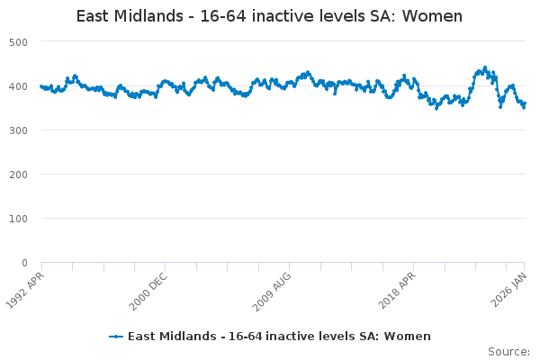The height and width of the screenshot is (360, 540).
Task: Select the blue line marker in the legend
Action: coord(116,337)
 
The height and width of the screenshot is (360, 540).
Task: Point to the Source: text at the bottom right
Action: coord(508,351)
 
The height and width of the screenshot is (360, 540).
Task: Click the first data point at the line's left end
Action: coord(41,86)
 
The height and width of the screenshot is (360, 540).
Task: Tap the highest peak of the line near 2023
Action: coord(485,67)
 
